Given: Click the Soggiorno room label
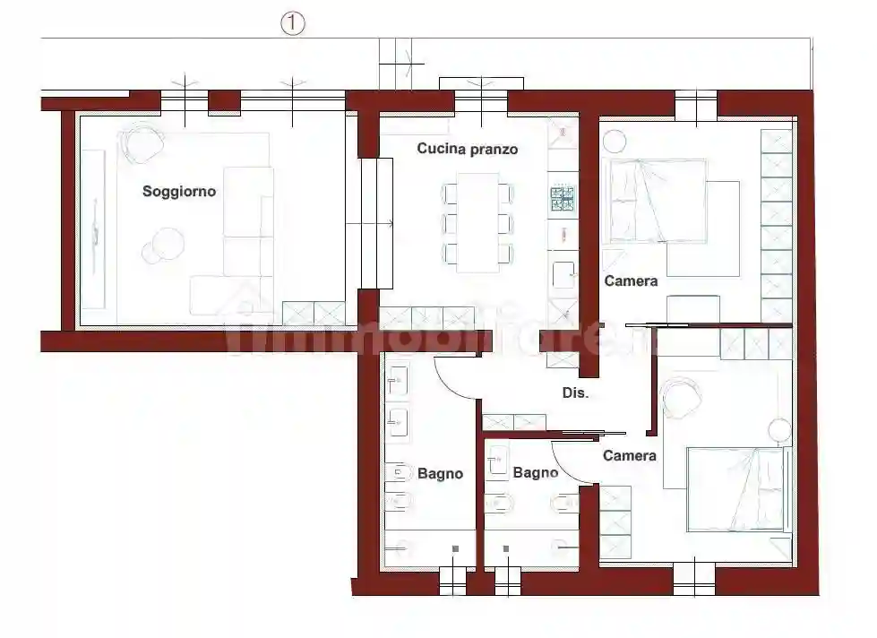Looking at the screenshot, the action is [179, 192].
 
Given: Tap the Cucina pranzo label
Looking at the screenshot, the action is [468, 149].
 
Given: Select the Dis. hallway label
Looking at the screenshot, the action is [575, 392].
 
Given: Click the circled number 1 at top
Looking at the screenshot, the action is [293, 23].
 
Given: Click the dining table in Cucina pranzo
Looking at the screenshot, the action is [477, 223].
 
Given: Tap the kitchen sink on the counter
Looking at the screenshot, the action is [563, 275].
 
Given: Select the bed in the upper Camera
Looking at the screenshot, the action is [658, 201].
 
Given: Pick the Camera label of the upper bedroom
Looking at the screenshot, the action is [631, 281].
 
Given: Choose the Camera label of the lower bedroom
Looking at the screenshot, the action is [629, 455].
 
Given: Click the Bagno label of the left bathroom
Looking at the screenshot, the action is [440, 473].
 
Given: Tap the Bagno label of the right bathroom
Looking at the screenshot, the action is [536, 473].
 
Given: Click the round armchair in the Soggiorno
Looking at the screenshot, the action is [142, 142].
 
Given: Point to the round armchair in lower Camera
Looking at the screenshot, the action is [681, 398].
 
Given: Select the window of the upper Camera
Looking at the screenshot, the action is [696, 105].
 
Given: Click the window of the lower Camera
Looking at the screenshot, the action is [694, 580].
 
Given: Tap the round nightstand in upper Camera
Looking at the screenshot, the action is [615, 142].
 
